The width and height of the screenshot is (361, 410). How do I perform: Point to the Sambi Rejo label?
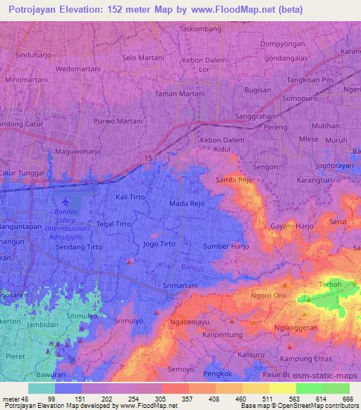coord(234,180)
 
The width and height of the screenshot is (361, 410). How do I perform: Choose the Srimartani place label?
coord(180,286)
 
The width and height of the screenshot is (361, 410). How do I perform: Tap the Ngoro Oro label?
coord(271,296)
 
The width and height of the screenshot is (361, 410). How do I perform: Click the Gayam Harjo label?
coord(292,226)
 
